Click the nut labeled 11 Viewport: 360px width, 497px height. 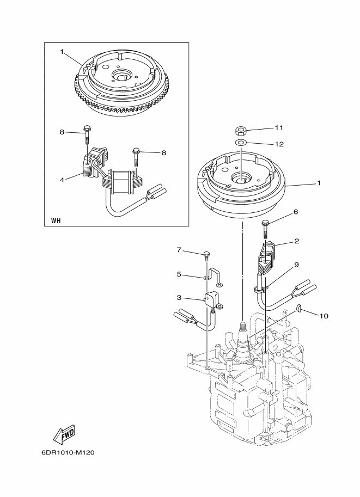241,130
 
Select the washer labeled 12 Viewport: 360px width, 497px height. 241,142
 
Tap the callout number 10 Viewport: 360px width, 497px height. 324,316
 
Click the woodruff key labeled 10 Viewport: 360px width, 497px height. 299,307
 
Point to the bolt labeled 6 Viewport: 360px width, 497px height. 265,229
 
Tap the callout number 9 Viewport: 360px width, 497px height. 297,265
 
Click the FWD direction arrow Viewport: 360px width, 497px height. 65,432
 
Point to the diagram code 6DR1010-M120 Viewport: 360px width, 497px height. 68,452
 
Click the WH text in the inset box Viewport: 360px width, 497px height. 56,221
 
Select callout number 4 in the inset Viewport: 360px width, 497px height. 62,180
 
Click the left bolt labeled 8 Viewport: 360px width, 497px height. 86,134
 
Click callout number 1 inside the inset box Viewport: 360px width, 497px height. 62,51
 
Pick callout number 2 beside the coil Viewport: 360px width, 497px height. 297,241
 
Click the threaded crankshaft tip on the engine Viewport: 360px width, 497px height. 242,326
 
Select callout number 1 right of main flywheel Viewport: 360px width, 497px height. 319,183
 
